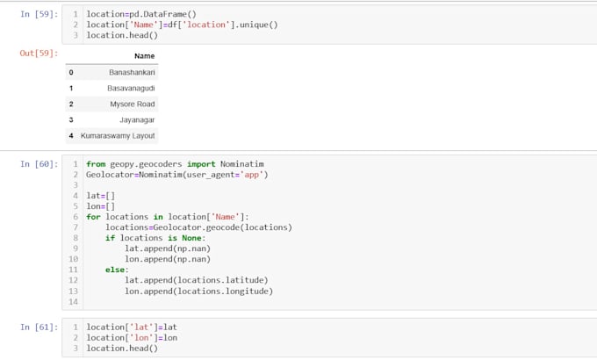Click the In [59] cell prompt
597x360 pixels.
pyautogui.click(x=40, y=14)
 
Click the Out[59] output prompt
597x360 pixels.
pyautogui.click(x=39, y=53)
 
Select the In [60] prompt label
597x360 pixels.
pyautogui.click(x=40, y=164)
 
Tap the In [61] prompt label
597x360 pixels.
pyautogui.click(x=40, y=327)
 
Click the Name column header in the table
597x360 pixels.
pyautogui.click(x=144, y=56)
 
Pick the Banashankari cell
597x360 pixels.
pyautogui.click(x=132, y=72)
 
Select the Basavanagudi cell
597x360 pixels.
pyautogui.click(x=131, y=88)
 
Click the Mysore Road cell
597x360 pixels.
pyautogui.click(x=132, y=104)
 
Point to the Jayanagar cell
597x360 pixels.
pyautogui.click(x=137, y=120)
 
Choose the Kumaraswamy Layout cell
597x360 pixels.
pyautogui.click(x=118, y=135)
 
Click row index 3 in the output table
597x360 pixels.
pyautogui.click(x=71, y=120)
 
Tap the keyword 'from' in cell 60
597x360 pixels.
pyautogui.click(x=96, y=164)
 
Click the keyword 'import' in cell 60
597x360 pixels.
pyautogui.click(x=201, y=164)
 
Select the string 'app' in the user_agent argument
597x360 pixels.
pyautogui.click(x=251, y=175)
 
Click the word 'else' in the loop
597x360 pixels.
pyautogui.click(x=115, y=270)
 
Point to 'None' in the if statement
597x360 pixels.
pyautogui.click(x=191, y=238)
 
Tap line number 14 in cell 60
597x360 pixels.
pyautogui.click(x=73, y=302)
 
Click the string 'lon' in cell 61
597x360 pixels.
pyautogui.click(x=141, y=337)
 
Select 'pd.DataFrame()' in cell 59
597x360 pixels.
pyautogui.click(x=163, y=14)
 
